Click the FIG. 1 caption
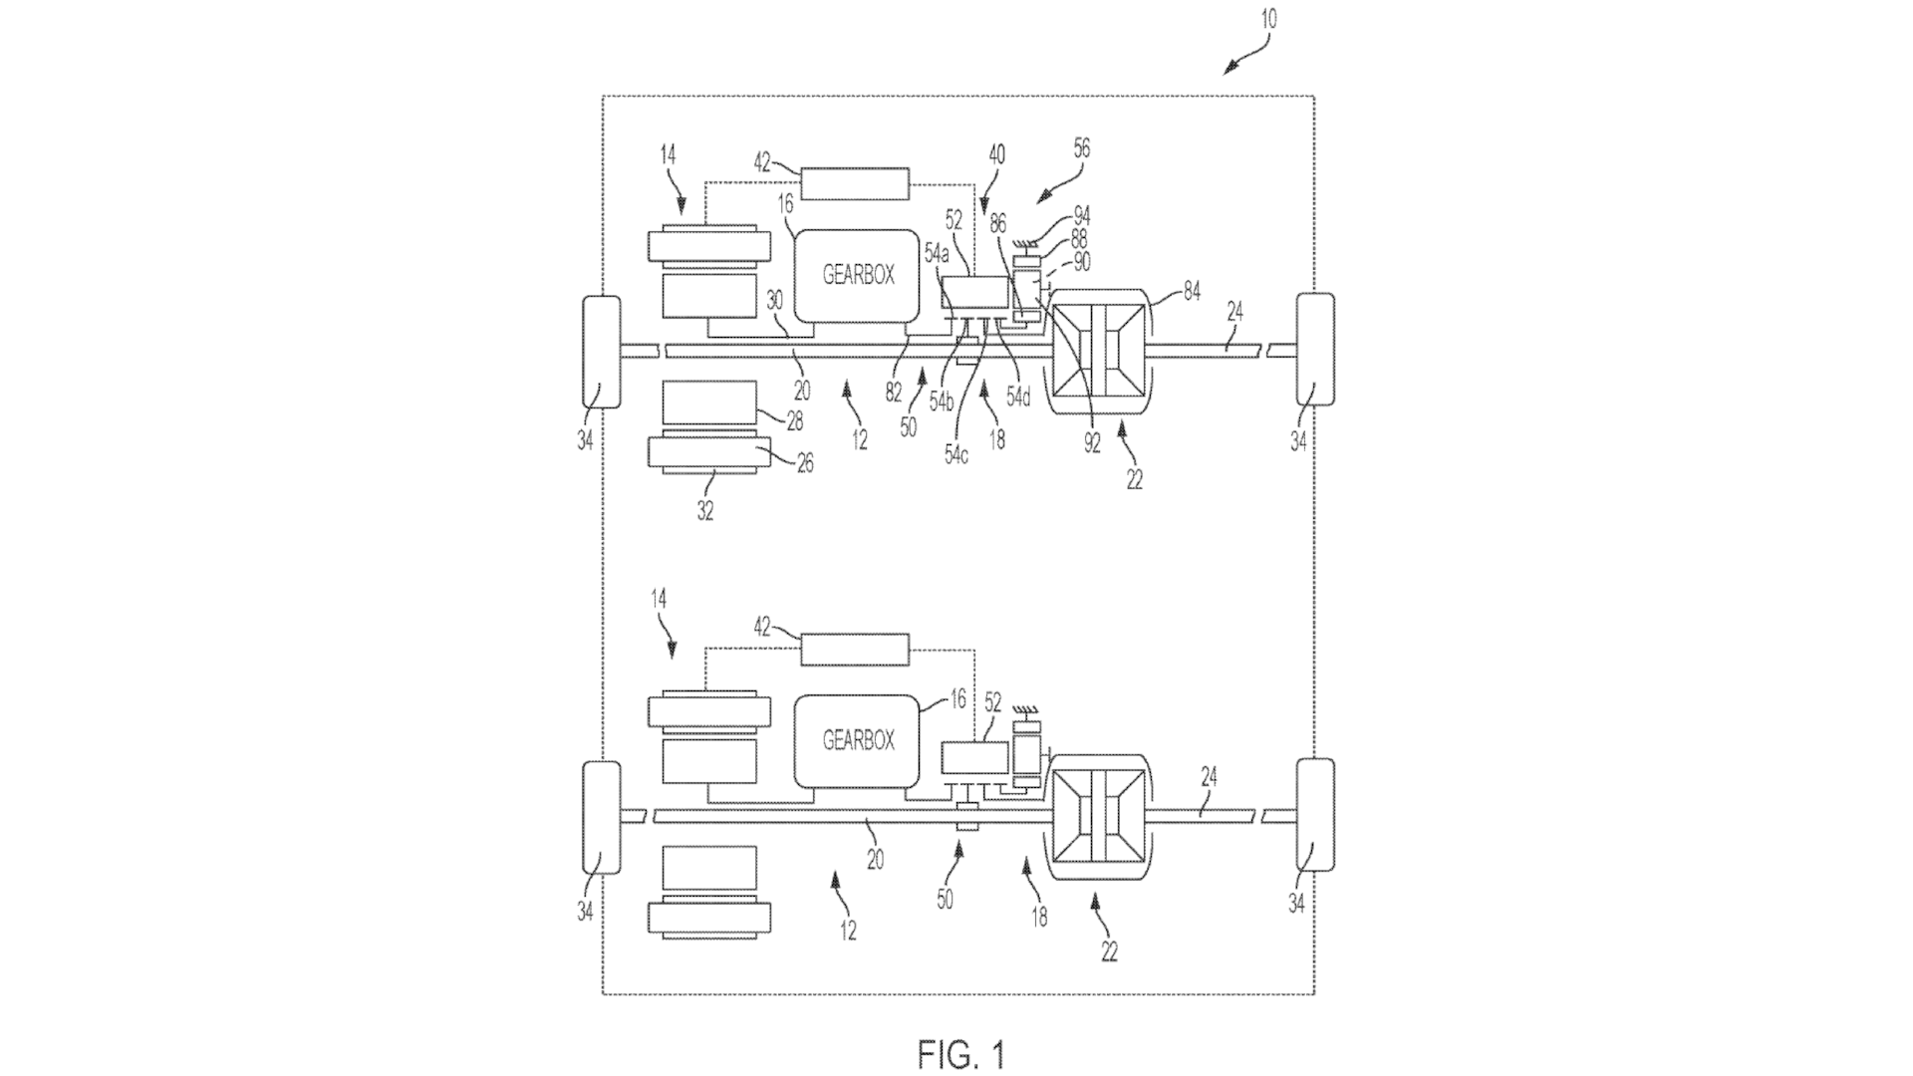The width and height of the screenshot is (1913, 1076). [962, 1054]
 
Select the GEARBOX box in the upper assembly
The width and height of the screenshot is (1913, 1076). [857, 275]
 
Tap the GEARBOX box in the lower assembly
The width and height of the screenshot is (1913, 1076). [857, 740]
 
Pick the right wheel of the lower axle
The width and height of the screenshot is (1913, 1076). [1314, 815]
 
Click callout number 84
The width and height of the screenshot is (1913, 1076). [1192, 291]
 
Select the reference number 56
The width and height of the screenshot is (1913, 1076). [1082, 148]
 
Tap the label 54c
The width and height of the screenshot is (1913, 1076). [956, 455]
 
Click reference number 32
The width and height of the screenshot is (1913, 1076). [705, 512]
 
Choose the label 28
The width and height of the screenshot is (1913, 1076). [794, 421]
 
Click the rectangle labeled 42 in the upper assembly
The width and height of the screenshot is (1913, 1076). [856, 184]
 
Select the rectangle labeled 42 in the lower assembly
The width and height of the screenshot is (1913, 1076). [856, 650]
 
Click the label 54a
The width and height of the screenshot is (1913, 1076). [937, 255]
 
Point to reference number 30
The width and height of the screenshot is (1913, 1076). [776, 299]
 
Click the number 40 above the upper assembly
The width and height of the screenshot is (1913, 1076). [996, 154]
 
